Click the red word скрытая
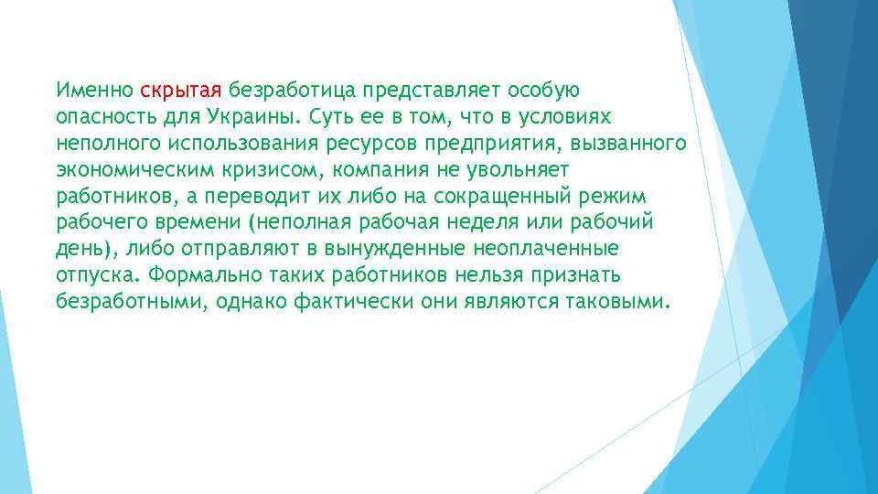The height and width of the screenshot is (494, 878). tap(181, 91)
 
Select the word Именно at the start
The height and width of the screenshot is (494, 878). tap(94, 91)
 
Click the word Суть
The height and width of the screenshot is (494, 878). tap(329, 117)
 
